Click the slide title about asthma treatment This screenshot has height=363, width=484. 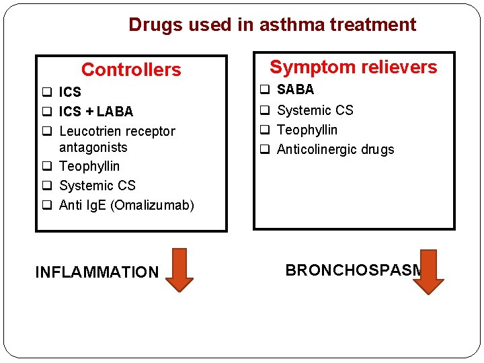click(272, 25)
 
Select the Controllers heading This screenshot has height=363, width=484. click(131, 70)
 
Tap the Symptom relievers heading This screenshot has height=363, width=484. click(353, 67)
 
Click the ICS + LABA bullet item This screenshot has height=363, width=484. click(96, 112)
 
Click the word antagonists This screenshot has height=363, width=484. click(93, 147)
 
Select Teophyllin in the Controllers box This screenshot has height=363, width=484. click(89, 166)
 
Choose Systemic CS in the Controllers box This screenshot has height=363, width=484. click(97, 186)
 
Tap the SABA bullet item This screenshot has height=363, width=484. click(295, 89)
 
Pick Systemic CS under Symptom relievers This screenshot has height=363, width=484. click(315, 110)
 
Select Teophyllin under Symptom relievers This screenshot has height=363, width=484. click(307, 130)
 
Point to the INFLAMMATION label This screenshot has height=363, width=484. click(97, 272)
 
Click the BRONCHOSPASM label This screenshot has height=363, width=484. click(354, 270)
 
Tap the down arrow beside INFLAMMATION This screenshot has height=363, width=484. click(179, 270)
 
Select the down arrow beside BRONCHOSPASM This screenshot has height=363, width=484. click(428, 272)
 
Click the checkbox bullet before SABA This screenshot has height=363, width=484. click(265, 90)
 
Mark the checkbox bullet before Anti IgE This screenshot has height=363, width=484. click(47, 206)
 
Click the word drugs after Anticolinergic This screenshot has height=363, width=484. click(379, 149)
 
